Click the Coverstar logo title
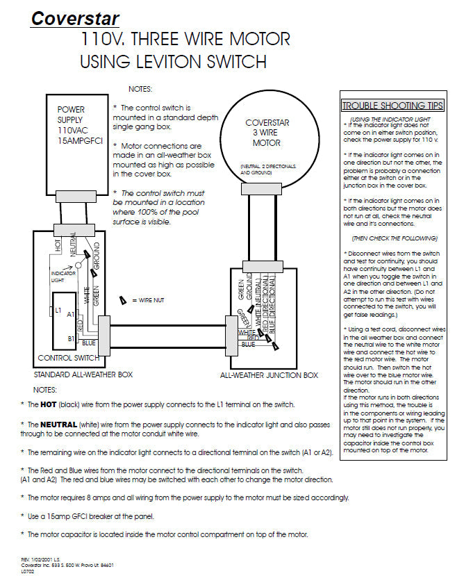point(75,19)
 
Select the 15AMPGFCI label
point(81,141)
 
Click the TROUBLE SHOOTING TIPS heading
point(392,106)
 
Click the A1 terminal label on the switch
point(71,314)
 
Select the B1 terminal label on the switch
point(71,338)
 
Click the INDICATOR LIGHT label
point(63,277)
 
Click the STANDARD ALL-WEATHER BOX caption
point(83,375)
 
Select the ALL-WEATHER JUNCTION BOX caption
point(269,375)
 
